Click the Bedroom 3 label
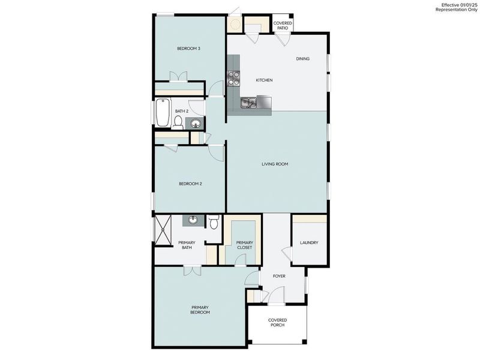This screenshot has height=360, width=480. pos(188,49)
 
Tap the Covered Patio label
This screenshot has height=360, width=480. pos(283,26)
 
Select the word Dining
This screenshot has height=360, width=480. pos(303,59)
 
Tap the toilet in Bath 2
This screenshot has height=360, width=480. pos(178,122)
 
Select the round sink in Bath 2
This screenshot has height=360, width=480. pos(196,124)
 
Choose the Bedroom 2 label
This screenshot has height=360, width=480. pos(190,184)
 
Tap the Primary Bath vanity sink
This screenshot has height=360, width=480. pos(193,220)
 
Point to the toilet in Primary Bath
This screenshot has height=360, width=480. pos(214,222)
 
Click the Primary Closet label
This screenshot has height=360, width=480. pos(244,245)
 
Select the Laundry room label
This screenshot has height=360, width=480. pos(309,243)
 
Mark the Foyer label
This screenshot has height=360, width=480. pos(279,276)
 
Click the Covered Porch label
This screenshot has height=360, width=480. pos(277,322)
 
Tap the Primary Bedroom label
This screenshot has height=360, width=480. pos(200,310)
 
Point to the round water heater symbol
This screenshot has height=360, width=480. pos(234,24)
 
